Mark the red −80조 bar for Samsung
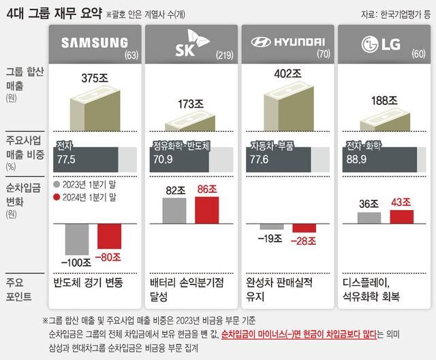tap(108, 237)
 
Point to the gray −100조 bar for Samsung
tap(76, 240)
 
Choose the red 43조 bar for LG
tap(401, 216)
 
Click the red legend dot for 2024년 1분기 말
tap(57, 198)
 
